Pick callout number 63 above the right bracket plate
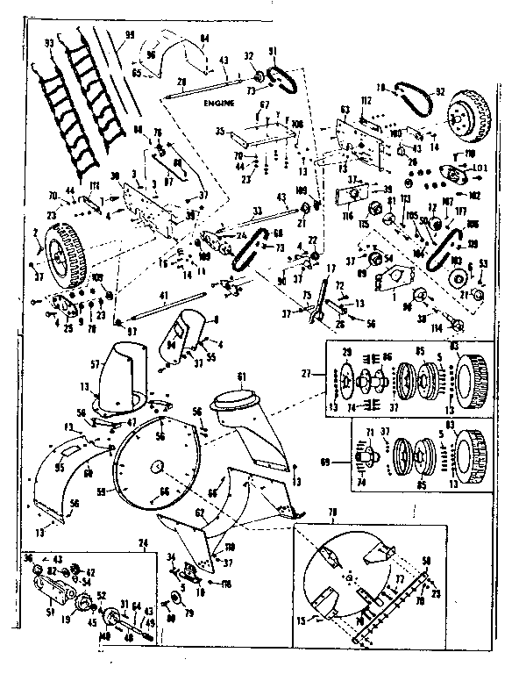point(345,109)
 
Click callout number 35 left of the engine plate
point(220,132)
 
